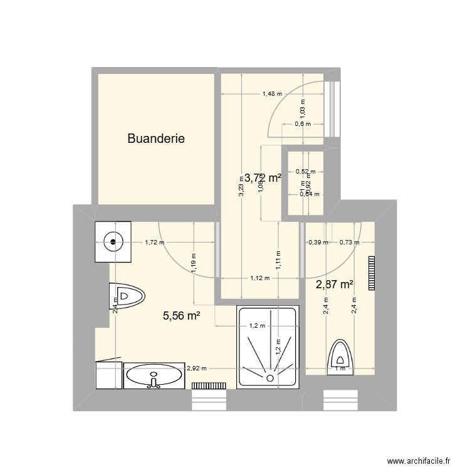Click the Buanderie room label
(x=156, y=138)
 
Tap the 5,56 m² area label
(x=181, y=316)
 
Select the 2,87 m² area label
(x=335, y=285)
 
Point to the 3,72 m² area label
(x=263, y=178)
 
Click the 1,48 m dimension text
(x=271, y=95)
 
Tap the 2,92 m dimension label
(x=196, y=369)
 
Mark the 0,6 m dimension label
(x=302, y=123)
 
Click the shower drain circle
(x=269, y=378)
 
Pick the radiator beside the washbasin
(x=208, y=386)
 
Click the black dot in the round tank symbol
(x=113, y=241)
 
